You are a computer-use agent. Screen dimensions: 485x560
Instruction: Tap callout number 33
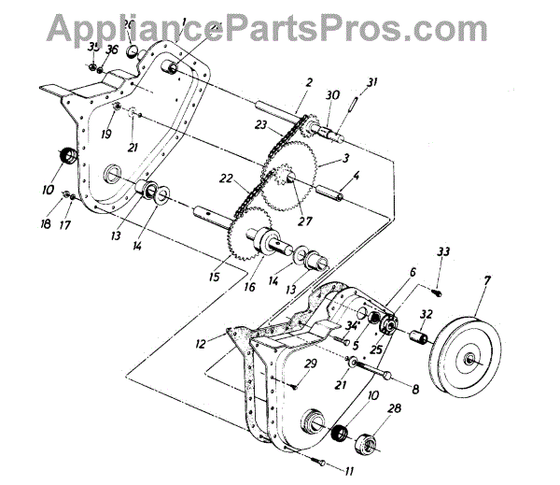pyautogui.click(x=442, y=251)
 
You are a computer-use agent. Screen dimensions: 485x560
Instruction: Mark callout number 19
pyautogui.click(x=106, y=134)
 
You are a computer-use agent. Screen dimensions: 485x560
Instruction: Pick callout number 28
pyautogui.click(x=395, y=408)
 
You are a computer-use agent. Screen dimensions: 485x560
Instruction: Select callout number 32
pyautogui.click(x=425, y=315)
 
